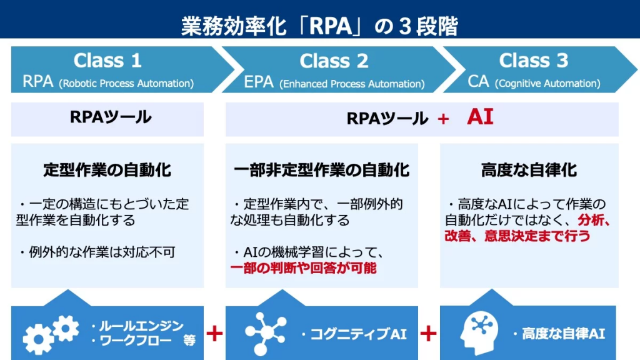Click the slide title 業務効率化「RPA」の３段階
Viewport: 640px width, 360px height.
(319, 26)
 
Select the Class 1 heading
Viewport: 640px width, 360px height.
(107, 61)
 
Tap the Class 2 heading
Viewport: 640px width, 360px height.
(334, 61)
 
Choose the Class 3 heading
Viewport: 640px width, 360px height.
(533, 60)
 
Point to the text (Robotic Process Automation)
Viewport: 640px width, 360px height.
(126, 84)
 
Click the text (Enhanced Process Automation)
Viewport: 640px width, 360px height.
(352, 84)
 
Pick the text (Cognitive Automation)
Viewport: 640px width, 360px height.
(547, 84)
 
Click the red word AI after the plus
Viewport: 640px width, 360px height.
(480, 117)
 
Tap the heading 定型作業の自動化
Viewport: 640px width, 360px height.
(107, 170)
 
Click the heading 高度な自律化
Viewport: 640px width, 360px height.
(529, 170)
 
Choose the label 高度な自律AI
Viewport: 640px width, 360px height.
(559, 334)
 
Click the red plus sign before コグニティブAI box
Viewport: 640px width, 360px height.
(214, 334)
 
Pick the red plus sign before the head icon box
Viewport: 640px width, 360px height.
(428, 334)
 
